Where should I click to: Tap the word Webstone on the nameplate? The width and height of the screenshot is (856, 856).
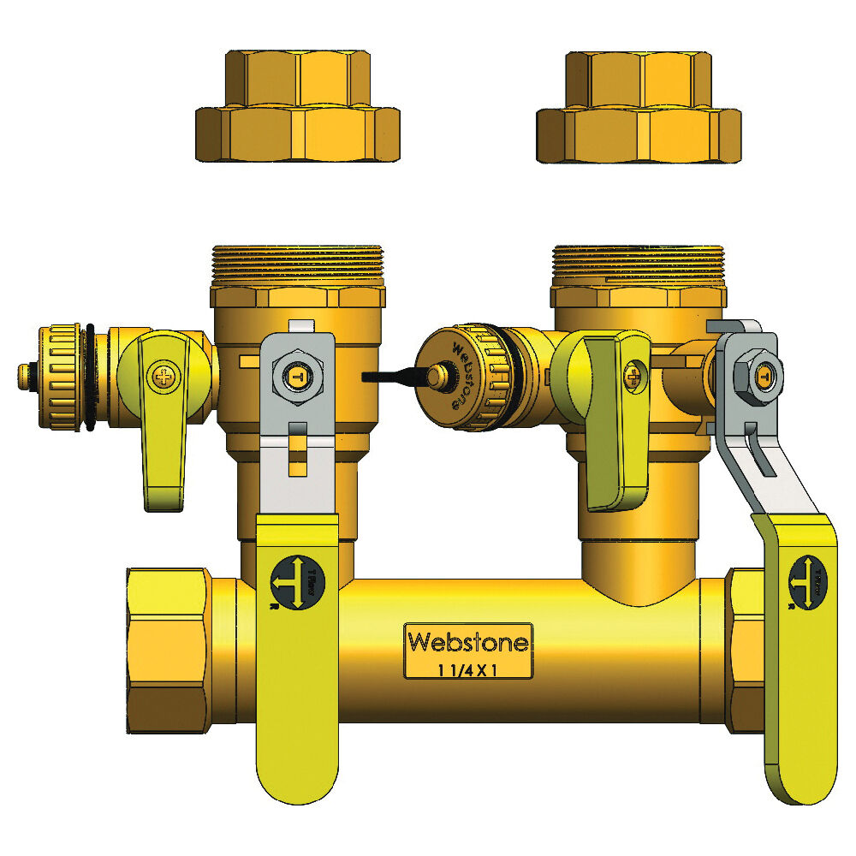click(468, 641)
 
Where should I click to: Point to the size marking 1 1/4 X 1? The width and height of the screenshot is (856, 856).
click(468, 669)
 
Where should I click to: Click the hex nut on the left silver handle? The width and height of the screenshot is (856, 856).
click(296, 375)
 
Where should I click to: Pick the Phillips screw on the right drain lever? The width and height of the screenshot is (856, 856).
click(633, 373)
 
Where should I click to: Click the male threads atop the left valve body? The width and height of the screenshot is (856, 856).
click(297, 265)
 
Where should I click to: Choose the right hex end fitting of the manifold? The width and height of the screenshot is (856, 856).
click(745, 651)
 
